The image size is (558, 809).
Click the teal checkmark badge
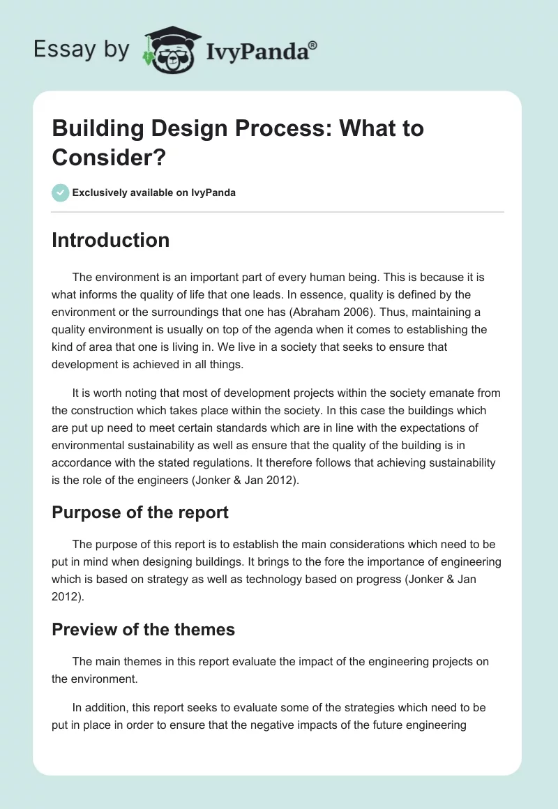click(x=61, y=192)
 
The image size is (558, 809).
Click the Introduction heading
click(x=110, y=240)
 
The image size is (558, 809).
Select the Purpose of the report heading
click(x=140, y=512)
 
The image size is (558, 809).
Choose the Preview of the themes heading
click(x=143, y=629)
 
